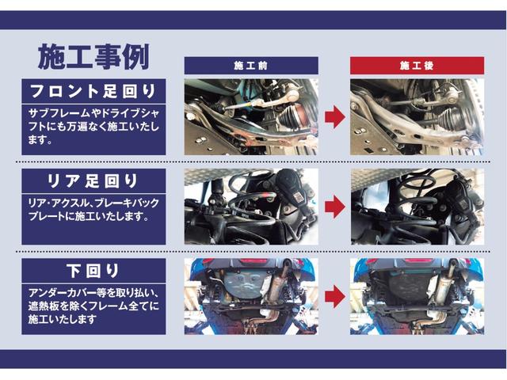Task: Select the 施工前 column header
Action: [250, 66]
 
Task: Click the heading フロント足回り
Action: [93, 89]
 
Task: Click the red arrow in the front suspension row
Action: [334, 118]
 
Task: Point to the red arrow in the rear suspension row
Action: [334, 207]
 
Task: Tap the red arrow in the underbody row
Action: [334, 296]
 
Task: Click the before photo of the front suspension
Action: [250, 116]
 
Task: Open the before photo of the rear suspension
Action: [250, 206]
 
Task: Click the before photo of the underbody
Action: [250, 295]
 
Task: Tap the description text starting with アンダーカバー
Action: [93, 305]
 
